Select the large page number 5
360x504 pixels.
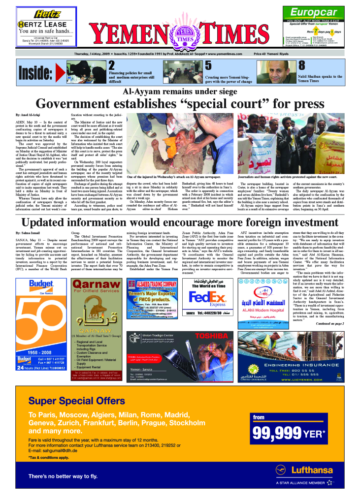coord(208,66)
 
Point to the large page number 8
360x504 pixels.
coord(302,66)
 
